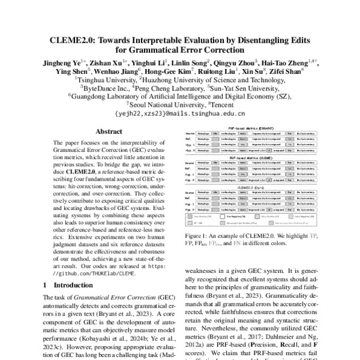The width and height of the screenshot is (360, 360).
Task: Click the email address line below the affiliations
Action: (x=179, y=112)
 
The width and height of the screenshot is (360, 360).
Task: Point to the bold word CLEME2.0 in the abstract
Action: (x=80, y=172)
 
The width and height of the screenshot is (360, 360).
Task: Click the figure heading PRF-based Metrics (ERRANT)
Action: (x=251, y=129)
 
